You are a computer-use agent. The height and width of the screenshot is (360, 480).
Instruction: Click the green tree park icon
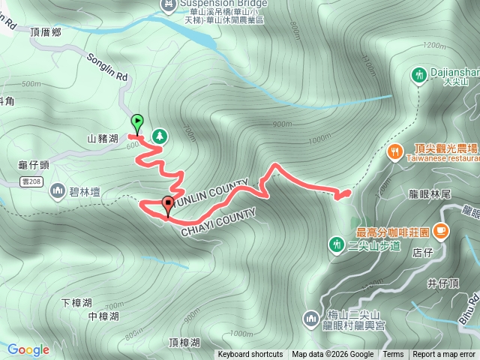click(x=159, y=136)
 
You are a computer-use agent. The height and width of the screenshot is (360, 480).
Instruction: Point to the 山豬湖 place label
click(x=103, y=139)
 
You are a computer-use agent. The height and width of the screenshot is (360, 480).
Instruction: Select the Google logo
click(x=28, y=349)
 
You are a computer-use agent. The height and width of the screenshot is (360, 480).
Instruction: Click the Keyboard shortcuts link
click(x=250, y=355)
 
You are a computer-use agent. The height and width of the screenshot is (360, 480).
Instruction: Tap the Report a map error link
click(x=445, y=355)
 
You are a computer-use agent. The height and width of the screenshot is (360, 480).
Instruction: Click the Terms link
click(x=393, y=355)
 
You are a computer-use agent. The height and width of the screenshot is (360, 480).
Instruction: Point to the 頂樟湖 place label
click(x=184, y=343)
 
